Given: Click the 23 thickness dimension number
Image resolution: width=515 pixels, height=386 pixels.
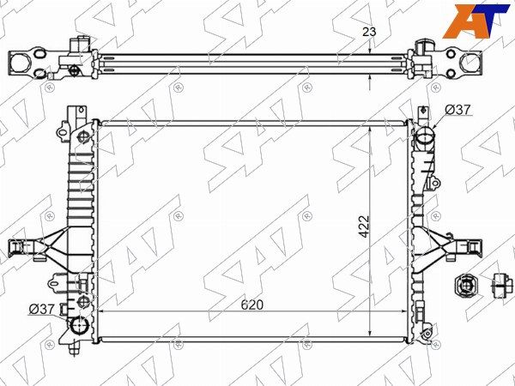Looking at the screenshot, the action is click(369, 32).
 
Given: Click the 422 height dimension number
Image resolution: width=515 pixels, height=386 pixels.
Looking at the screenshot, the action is click(364, 226).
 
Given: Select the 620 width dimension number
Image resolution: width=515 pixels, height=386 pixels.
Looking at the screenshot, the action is click(252, 305).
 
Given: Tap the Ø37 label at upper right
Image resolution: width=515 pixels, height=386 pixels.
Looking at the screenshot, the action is click(458, 110).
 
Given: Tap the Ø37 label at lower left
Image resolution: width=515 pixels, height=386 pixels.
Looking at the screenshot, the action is click(41, 309).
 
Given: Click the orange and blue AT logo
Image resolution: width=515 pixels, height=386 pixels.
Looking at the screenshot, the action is click(476, 21).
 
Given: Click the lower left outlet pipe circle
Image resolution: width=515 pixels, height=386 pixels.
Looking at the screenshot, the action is click(80, 325).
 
